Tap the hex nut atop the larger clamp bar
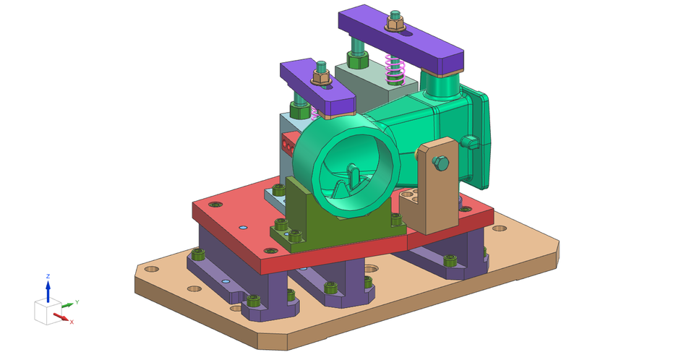click(395, 25)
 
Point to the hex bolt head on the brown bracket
click(441, 164)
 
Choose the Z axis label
click(48, 276)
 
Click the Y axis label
click(77, 302)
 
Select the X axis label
click(72, 322)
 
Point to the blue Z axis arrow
click(48, 290)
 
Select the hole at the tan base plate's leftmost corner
click(151, 269)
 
